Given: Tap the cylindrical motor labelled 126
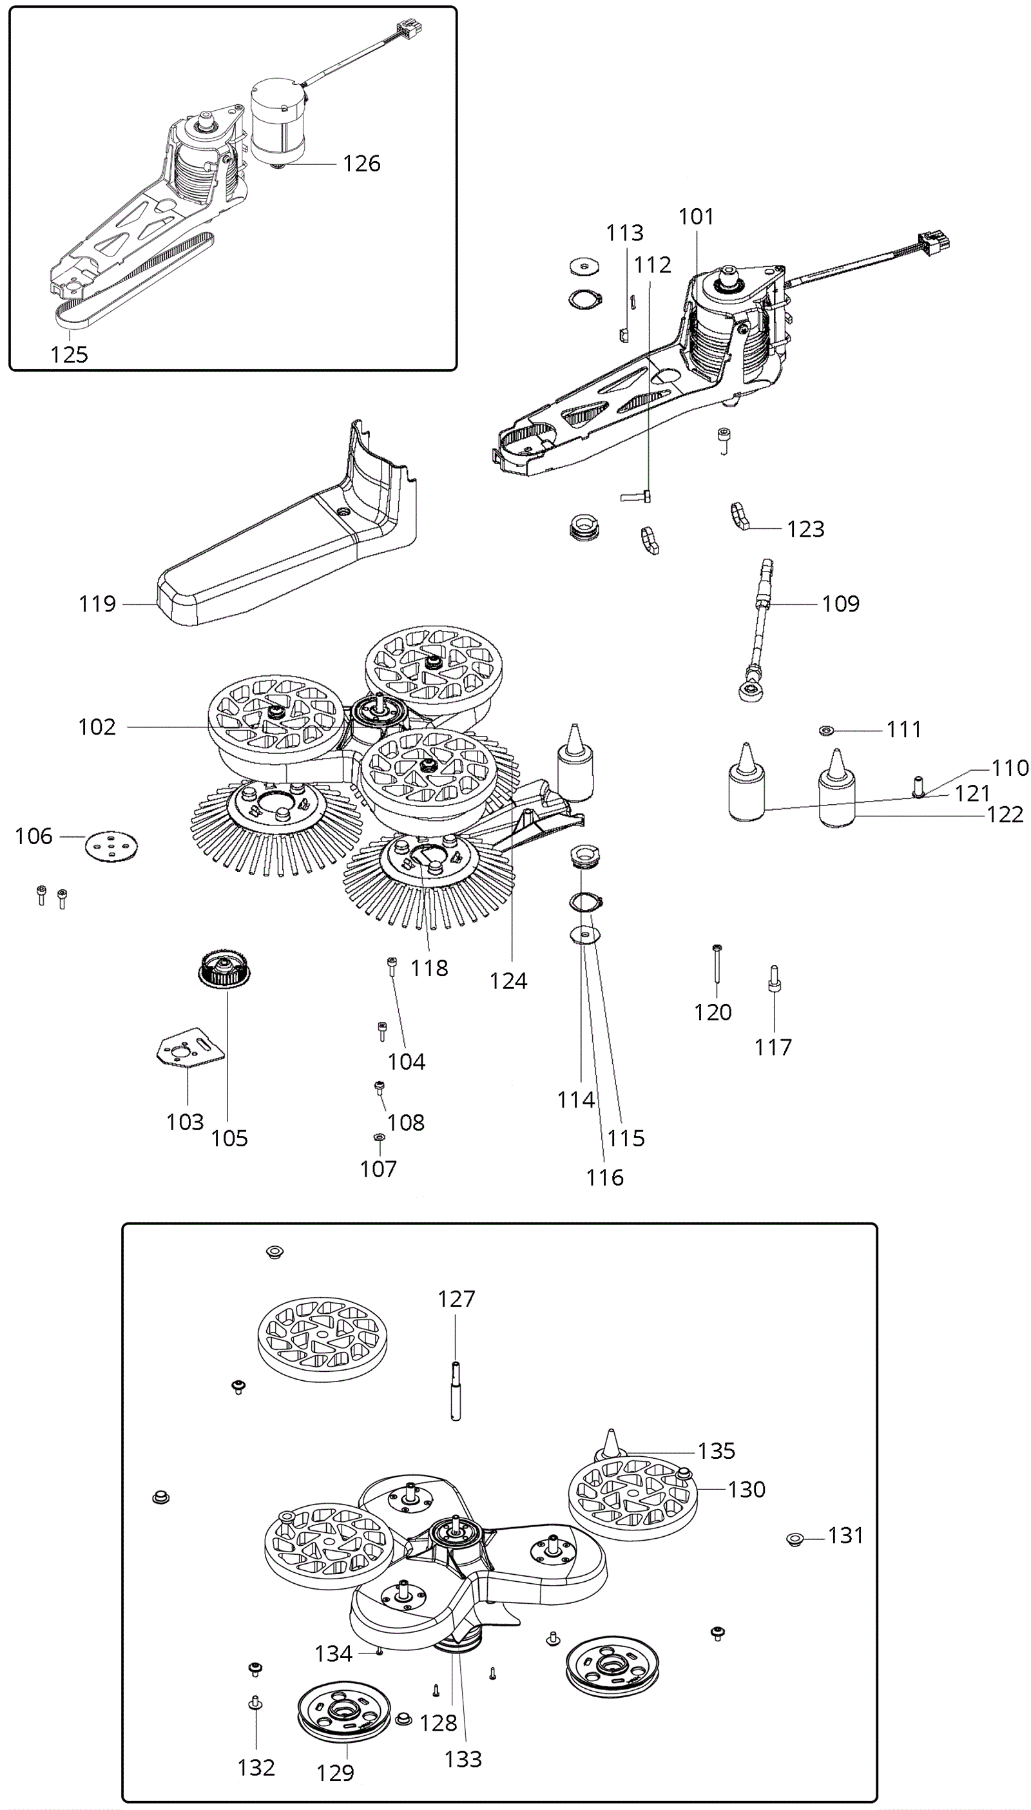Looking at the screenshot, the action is tap(279, 122).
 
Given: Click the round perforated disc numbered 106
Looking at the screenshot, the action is tap(111, 845).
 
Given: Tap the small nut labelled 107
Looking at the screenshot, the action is tap(379, 1137).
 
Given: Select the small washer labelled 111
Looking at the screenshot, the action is tap(825, 730).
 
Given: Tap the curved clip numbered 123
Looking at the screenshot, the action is tap(740, 515).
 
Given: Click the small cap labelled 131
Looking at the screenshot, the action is tap(795, 1538).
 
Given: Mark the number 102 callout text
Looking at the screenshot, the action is tap(96, 727).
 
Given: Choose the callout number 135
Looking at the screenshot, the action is tap(717, 1451).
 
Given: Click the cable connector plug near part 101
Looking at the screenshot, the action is tap(934, 244).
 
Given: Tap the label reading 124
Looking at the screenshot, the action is tap(508, 981).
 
